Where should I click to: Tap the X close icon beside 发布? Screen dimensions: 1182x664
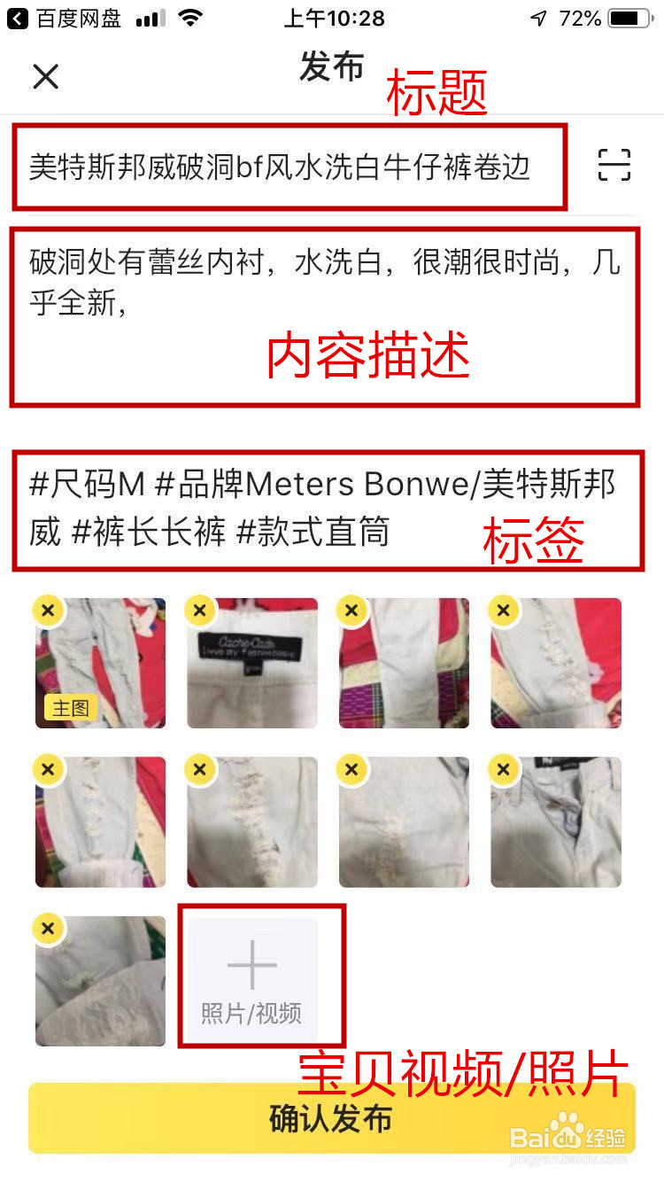(45, 77)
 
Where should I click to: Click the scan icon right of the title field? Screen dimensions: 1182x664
(614, 165)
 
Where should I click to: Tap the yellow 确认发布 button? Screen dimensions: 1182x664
(331, 1118)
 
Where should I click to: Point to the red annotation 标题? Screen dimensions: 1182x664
(437, 94)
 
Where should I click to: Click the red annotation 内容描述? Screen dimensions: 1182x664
(367, 356)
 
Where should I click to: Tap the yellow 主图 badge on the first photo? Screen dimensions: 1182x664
(70, 708)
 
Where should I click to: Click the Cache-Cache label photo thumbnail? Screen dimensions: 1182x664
(252, 663)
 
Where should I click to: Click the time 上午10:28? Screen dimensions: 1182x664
(334, 19)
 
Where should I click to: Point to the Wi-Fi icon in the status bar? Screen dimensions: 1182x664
(189, 19)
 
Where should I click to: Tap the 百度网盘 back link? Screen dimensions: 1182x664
(66, 19)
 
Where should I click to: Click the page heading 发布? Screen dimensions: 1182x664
(332, 67)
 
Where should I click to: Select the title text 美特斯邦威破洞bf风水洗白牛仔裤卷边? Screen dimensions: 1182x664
(280, 167)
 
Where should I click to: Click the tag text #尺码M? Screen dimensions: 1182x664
(87, 485)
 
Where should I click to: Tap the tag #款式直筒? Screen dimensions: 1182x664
(313, 532)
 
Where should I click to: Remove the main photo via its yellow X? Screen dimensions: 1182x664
(48, 610)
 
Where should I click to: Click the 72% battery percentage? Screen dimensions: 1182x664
(580, 19)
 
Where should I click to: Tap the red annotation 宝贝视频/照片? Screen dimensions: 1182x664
(462, 1074)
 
